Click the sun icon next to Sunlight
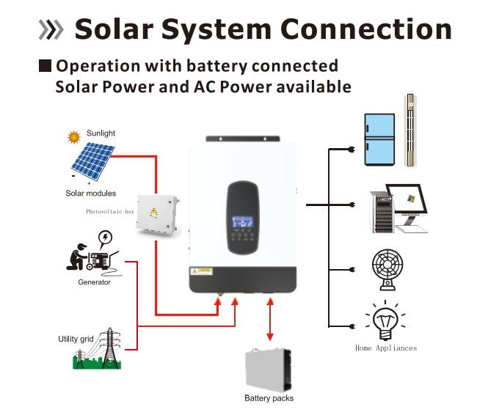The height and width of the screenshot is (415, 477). point(73,136)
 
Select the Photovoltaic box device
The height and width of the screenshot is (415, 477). point(156,214)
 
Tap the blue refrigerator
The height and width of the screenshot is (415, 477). point(380,140)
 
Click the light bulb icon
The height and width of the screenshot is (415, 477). point(385,320)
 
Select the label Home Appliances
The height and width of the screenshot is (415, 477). point(385,348)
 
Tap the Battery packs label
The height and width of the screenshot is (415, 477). point(269,398)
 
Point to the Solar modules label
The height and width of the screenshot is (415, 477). point(90,194)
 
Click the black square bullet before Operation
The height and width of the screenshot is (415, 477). point(45,66)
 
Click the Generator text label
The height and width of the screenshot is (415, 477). point(94,282)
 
